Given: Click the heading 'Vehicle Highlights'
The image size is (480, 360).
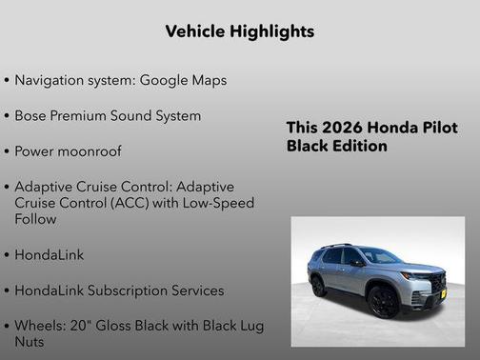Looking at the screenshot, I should click(x=239, y=31).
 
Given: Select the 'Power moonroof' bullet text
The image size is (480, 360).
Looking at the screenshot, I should click(x=68, y=150).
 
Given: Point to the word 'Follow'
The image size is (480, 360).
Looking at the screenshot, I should click(x=35, y=219).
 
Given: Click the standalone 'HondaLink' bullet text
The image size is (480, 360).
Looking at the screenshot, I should click(x=50, y=255).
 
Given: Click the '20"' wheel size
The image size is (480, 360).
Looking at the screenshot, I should click(x=76, y=326).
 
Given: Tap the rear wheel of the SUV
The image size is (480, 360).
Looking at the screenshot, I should click(x=318, y=285).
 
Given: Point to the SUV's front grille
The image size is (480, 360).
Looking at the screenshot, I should click(x=437, y=284).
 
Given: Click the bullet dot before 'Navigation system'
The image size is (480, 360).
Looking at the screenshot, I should click(x=8, y=81).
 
